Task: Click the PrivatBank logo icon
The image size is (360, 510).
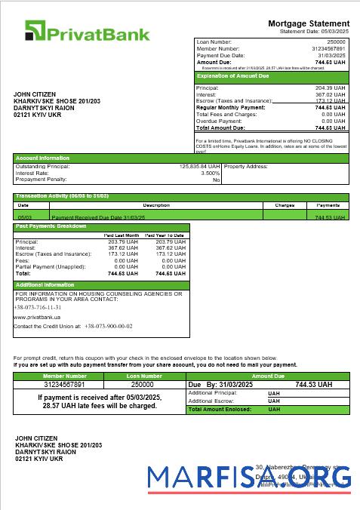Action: [35, 31]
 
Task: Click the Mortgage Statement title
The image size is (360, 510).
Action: [309, 24]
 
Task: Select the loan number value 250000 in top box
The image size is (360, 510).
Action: [336, 42]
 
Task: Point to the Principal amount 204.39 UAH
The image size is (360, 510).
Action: [330, 88]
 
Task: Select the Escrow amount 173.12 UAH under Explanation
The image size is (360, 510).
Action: [330, 100]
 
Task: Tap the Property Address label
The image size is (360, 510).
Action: [247, 166]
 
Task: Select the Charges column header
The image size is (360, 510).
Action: [284, 205]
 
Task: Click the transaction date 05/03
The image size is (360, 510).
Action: [23, 217]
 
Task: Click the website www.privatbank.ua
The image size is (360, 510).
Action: [37, 318]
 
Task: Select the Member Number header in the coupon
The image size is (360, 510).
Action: [65, 376]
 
